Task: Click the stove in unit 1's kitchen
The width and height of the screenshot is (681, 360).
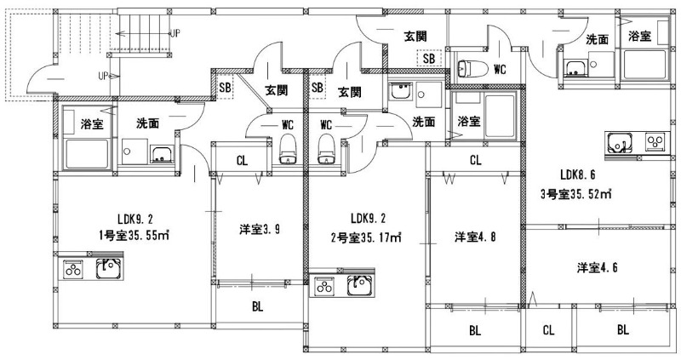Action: tap(72, 270)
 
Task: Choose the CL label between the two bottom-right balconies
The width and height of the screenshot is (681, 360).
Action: tap(549, 329)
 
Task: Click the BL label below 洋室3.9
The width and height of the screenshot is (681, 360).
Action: tap(256, 306)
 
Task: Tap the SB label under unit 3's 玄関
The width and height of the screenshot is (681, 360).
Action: tap(428, 59)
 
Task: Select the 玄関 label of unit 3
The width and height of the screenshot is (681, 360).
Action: tap(415, 36)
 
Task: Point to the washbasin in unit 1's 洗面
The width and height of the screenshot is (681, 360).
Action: tap(161, 154)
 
